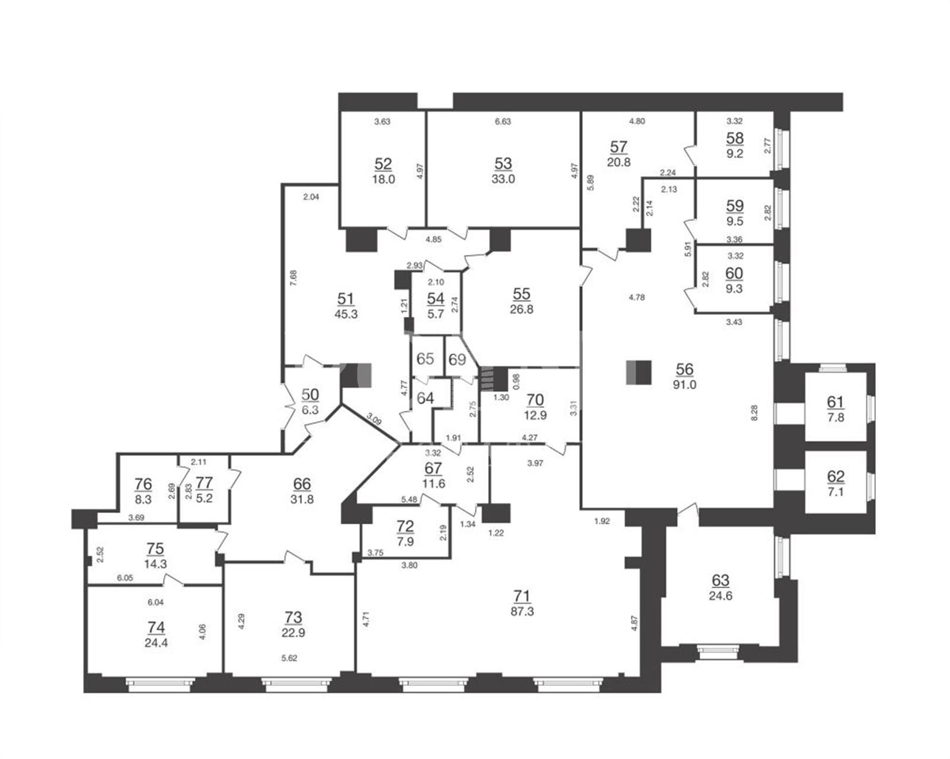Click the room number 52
(382, 164)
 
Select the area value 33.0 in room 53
(503, 179)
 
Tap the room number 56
(684, 369)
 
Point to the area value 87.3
(522, 611)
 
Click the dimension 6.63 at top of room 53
(503, 122)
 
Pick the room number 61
(835, 402)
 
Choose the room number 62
(836, 476)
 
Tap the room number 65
(425, 359)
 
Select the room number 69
(457, 359)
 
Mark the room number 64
(425, 398)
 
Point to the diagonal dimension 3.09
(374, 419)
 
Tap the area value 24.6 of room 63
(721, 595)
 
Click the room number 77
(204, 483)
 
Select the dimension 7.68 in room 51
(293, 278)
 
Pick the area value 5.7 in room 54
(435, 314)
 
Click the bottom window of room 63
(718, 652)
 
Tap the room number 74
(157, 627)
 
